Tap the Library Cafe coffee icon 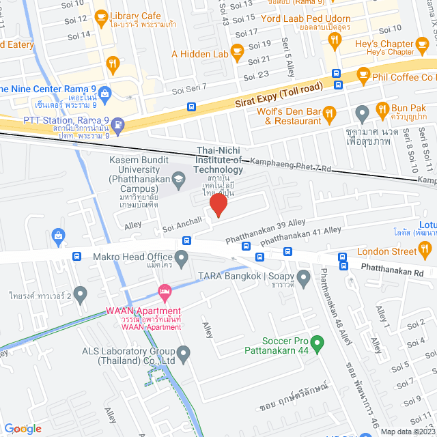(x=100, y=16)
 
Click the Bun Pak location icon (x=363, y=111)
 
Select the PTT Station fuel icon (x=119, y=124)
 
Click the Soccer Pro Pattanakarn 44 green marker (x=317, y=341)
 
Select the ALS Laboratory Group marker (x=184, y=352)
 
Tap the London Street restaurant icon (x=427, y=251)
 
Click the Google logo (x=23, y=428)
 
